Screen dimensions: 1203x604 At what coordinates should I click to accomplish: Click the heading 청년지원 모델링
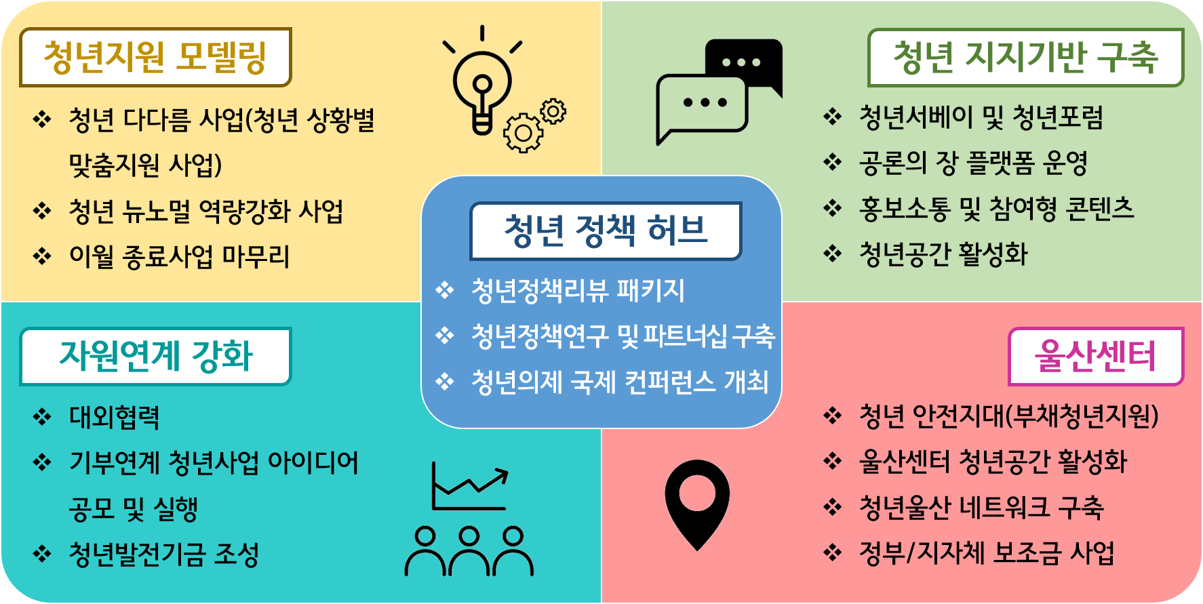tap(155, 57)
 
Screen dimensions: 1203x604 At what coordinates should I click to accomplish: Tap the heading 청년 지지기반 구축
tap(1025, 57)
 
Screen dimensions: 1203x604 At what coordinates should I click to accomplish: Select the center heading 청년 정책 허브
tap(606, 230)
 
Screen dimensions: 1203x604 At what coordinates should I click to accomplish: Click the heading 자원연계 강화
tap(156, 356)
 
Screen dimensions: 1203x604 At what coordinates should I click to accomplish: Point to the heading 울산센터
tap(1095, 356)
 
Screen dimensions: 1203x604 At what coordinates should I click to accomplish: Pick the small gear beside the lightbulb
tap(553, 111)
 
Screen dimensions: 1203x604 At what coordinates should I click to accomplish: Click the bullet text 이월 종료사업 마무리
tap(180, 257)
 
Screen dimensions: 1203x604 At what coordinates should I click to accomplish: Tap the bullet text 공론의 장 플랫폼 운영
tap(973, 163)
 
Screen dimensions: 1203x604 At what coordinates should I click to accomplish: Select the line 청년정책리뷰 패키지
tap(578, 291)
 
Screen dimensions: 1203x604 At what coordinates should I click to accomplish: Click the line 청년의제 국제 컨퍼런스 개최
tap(620, 382)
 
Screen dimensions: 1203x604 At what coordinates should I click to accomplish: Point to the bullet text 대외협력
tap(115, 418)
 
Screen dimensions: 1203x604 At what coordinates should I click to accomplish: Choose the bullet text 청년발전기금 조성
tap(164, 555)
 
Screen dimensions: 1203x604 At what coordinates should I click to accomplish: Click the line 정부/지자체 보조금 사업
tap(987, 553)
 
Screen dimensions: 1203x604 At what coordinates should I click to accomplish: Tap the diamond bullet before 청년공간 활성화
tap(832, 254)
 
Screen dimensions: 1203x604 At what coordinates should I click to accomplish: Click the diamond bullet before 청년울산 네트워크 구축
tap(832, 507)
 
